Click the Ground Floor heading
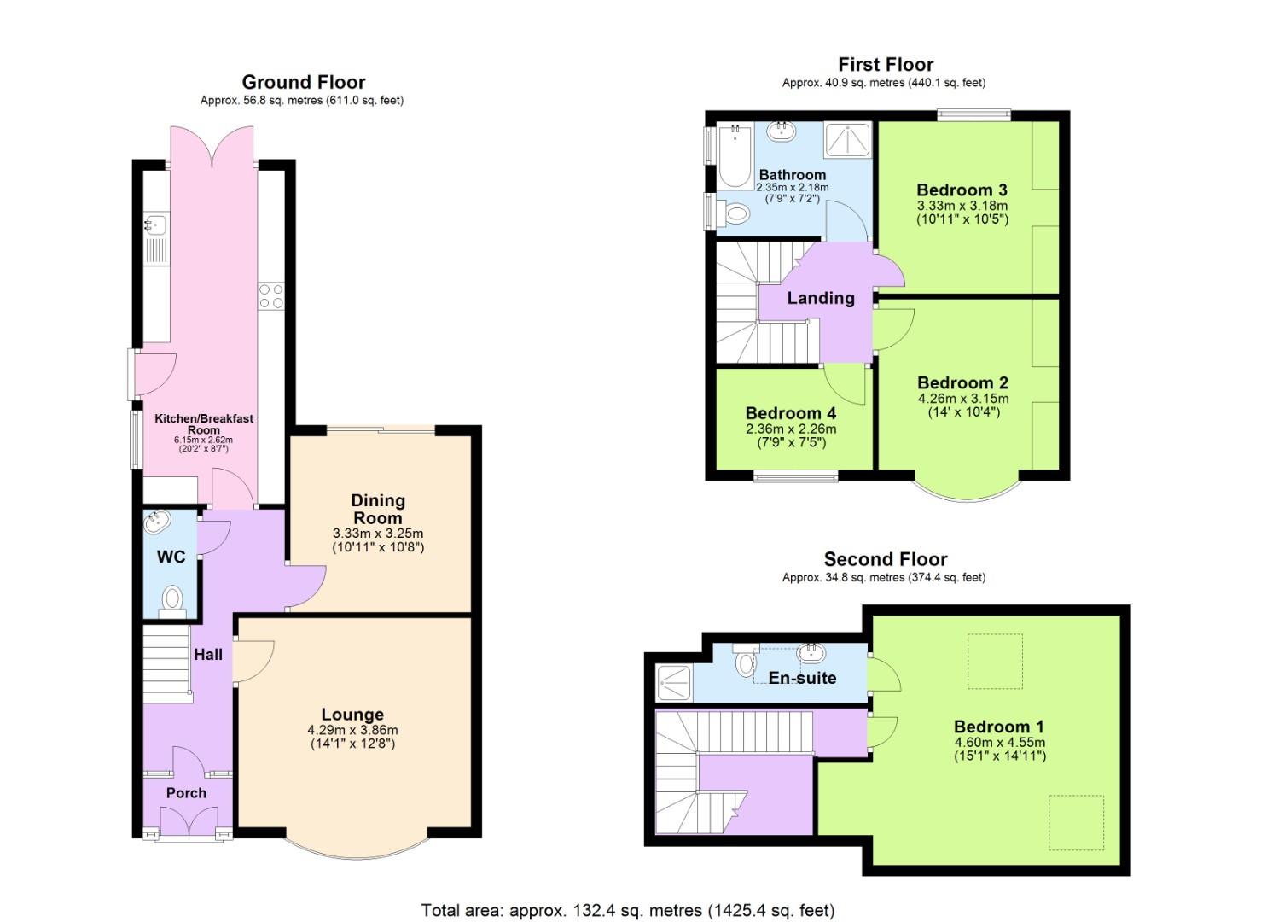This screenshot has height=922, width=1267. click(x=303, y=82)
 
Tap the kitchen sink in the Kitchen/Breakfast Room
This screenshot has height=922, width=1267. click(x=155, y=226)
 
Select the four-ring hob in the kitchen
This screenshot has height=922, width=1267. click(x=271, y=296)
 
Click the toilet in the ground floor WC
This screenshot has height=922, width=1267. click(x=172, y=597)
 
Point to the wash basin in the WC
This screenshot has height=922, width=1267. click(x=158, y=521)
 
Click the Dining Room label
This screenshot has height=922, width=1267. click(x=378, y=509)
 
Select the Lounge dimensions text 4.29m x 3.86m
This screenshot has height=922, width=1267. click(x=352, y=730)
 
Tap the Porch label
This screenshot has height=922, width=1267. click(x=186, y=792)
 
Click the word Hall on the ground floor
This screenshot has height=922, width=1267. click(x=208, y=655)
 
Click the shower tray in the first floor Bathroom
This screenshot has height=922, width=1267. click(x=847, y=141)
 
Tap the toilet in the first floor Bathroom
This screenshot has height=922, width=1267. click(x=734, y=212)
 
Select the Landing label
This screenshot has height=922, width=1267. click(x=820, y=298)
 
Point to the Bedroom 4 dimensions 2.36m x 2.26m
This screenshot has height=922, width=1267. click(x=790, y=429)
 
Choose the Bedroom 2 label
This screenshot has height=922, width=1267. click(x=962, y=383)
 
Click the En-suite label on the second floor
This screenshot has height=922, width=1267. click(x=802, y=678)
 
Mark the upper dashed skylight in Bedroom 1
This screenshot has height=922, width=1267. click(x=994, y=661)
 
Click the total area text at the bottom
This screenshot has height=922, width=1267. click(x=627, y=910)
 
